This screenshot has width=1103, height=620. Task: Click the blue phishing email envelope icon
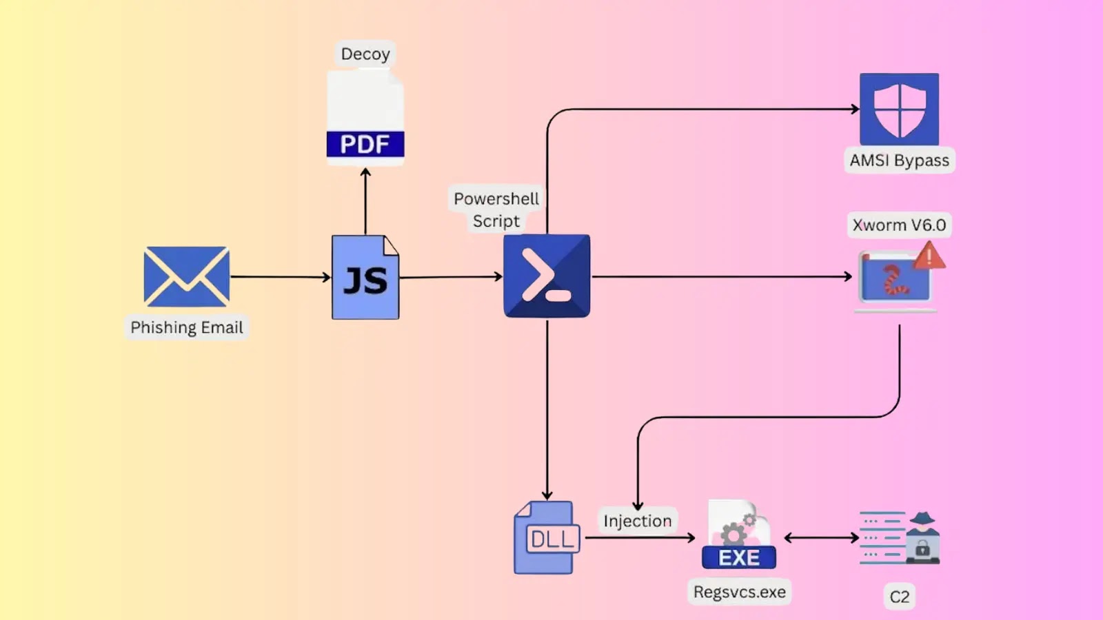pos(186,276)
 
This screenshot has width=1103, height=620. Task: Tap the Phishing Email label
pos(187,327)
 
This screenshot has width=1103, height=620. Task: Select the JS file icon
pos(365,278)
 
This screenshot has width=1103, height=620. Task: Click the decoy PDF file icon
pos(365,117)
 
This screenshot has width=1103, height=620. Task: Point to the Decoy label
pos(365,54)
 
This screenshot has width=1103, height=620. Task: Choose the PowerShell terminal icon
pos(547,276)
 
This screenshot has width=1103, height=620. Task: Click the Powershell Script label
pos(496,209)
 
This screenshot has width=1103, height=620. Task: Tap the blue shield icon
pos(899,109)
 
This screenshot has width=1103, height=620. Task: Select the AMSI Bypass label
pos(899,161)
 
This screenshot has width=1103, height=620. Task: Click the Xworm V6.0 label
pos(899,225)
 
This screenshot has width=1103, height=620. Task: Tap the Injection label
pos(637,521)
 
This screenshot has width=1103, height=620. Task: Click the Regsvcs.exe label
pos(739,592)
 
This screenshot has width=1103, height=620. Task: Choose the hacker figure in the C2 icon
pos(922,537)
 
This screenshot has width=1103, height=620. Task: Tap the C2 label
pos(899,597)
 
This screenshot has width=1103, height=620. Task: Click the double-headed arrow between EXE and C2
pos(821,537)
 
